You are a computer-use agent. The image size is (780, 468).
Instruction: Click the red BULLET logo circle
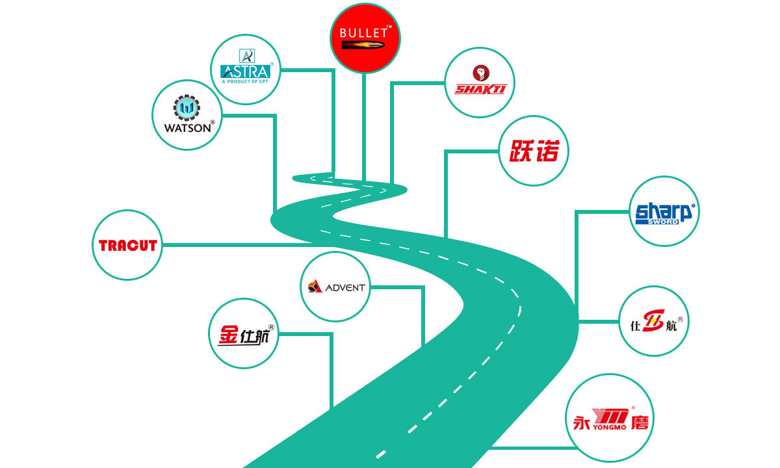coord(365,38)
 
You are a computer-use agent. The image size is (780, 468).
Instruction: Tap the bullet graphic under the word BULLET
coord(363,45)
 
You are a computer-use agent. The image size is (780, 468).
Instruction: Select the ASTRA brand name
coord(246,71)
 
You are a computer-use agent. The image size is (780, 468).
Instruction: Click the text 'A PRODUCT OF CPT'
coord(245,81)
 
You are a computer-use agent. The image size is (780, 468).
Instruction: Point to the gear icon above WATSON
coord(187,108)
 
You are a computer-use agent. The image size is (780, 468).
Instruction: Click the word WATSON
coord(188,128)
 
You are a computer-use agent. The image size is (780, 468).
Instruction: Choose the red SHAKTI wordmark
coord(480,90)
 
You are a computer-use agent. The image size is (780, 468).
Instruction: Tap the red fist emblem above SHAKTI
coord(481,73)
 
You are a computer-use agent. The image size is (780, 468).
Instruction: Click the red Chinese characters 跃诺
coord(534,151)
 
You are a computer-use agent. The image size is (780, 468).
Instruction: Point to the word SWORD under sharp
coord(663,222)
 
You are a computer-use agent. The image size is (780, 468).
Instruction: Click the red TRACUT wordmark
coord(128,246)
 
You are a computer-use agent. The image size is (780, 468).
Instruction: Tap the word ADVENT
coord(345,287)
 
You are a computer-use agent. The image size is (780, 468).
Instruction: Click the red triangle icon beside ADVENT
coord(315,286)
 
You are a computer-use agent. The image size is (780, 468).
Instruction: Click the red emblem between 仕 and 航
coord(654,320)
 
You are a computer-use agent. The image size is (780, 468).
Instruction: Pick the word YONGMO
coord(610,427)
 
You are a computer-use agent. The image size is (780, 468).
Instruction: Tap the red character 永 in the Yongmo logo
coord(581,422)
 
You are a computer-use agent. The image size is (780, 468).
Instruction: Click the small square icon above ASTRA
coord(247,56)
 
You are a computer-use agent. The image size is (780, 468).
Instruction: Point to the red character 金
coord(228,335)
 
